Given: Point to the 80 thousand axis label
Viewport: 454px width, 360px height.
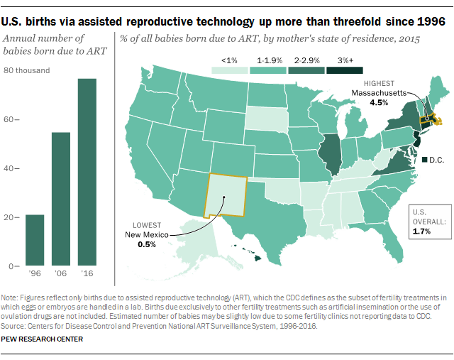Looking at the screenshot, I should [x=27, y=70].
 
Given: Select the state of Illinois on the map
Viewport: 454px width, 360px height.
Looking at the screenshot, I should [x=328, y=153].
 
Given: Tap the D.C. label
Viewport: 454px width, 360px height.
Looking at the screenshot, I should [x=435, y=160].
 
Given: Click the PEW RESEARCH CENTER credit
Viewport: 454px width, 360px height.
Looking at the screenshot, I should [x=43, y=339].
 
